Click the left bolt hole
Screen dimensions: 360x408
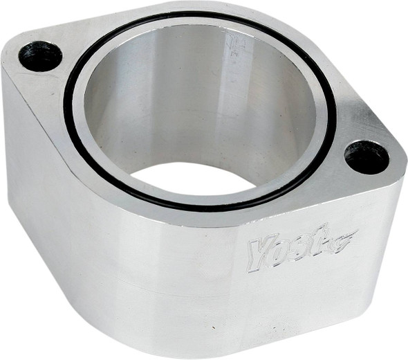[40, 55]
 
